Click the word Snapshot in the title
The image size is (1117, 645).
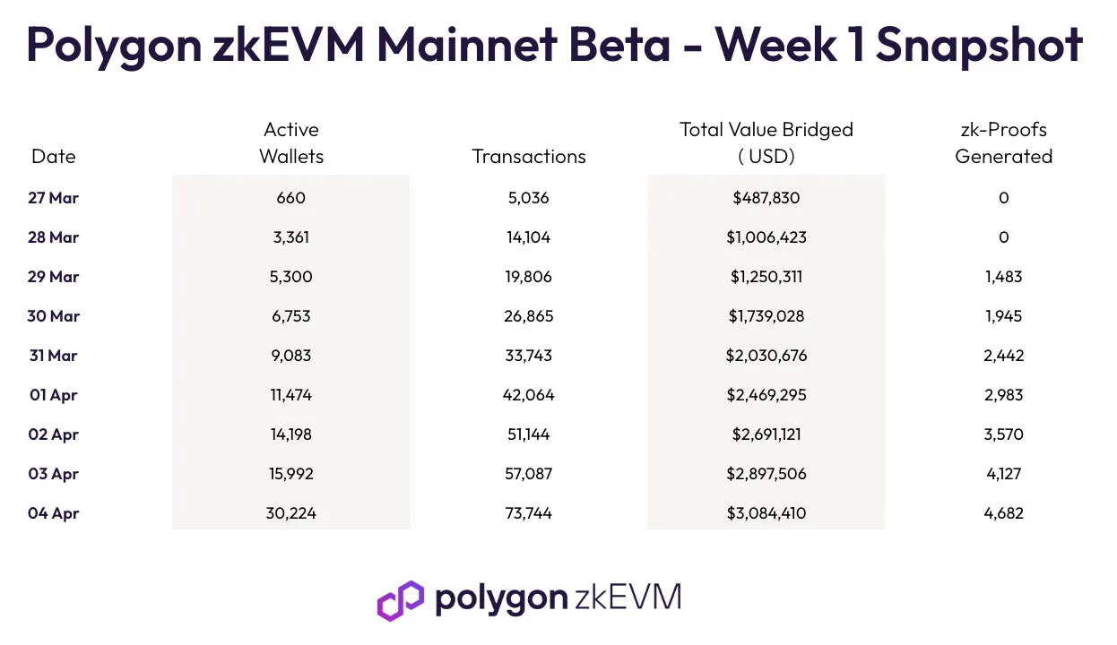pos(979,46)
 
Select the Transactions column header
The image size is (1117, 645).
pos(529,157)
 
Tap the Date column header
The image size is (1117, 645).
pos(54,157)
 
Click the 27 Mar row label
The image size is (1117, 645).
pos(54,198)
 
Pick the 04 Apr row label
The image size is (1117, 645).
pos(54,513)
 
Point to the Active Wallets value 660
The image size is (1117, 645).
pos(290,198)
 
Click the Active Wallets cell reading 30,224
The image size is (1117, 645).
pos(290,513)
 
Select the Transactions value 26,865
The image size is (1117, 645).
pos(529,316)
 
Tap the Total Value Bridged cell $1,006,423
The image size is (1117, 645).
pos(766,237)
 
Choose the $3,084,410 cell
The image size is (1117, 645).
pos(766,513)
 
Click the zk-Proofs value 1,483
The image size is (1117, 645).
pos(1004,277)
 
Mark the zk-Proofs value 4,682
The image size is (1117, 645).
pos(1004,513)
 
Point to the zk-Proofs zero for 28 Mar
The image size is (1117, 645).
pos(1004,237)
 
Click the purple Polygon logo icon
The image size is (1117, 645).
pos(401,600)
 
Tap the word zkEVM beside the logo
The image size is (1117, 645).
pos(628,597)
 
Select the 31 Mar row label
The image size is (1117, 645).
pos(54,356)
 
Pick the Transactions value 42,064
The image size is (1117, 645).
pos(529,395)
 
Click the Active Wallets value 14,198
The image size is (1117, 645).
pos(290,434)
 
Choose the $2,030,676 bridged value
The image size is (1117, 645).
pos(766,356)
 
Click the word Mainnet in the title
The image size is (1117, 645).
pos(467,46)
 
